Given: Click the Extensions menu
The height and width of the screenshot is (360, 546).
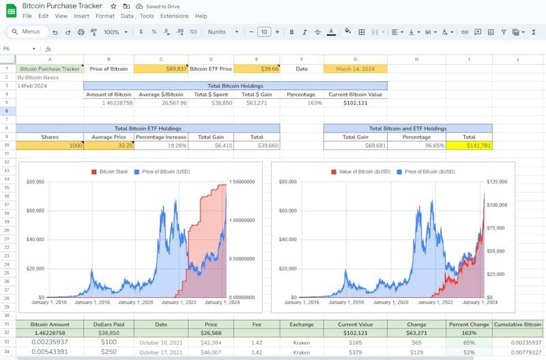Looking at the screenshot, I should (x=174, y=16).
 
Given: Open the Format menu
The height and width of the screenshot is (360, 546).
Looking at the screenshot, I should (x=105, y=16).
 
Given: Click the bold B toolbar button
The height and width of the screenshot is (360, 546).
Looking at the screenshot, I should (x=291, y=31).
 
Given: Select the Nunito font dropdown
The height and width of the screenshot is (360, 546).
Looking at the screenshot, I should (x=222, y=31).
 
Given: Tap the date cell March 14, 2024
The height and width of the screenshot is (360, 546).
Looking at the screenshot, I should (x=355, y=68).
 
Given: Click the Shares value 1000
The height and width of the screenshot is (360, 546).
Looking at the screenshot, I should (x=49, y=145).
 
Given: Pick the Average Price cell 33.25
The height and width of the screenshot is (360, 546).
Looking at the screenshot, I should (x=109, y=145).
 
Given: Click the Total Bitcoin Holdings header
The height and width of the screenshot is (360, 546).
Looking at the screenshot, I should (x=235, y=86).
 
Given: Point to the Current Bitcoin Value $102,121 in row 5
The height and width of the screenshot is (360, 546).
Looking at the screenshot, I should (x=356, y=103).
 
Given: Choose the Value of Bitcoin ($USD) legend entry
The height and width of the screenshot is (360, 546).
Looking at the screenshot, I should (x=364, y=171).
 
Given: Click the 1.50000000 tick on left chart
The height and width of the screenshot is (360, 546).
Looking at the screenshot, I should (x=242, y=182).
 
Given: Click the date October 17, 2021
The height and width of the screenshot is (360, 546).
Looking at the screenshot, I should (x=161, y=352).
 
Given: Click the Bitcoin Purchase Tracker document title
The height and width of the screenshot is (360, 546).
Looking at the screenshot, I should (x=62, y=5).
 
